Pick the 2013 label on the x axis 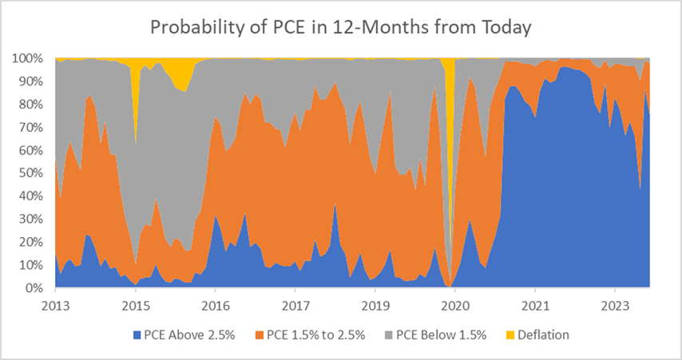point(55,305)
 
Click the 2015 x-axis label point(135,305)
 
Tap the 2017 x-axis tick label point(295,305)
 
